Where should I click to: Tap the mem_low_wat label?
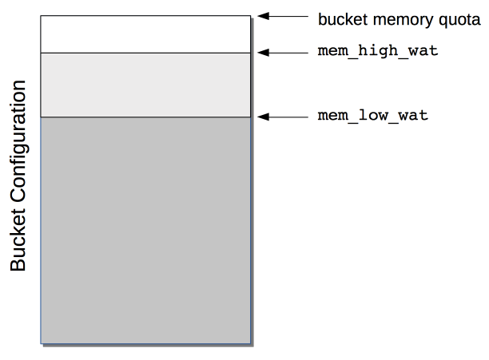coord(373,116)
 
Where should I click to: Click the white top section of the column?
coord(146,34)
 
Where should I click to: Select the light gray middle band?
coord(146,85)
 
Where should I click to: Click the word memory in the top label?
coord(392,18)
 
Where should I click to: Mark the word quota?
coord(459,18)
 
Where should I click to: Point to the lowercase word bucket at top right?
coord(340,18)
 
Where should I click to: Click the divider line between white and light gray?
coord(146,53)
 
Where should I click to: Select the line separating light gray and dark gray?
coord(146,117)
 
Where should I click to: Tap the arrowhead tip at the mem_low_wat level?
coord(259,117)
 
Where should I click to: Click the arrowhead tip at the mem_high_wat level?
coord(259,53)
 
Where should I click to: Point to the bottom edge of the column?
coord(146,343)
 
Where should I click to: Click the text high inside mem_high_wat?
coord(373,52)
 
